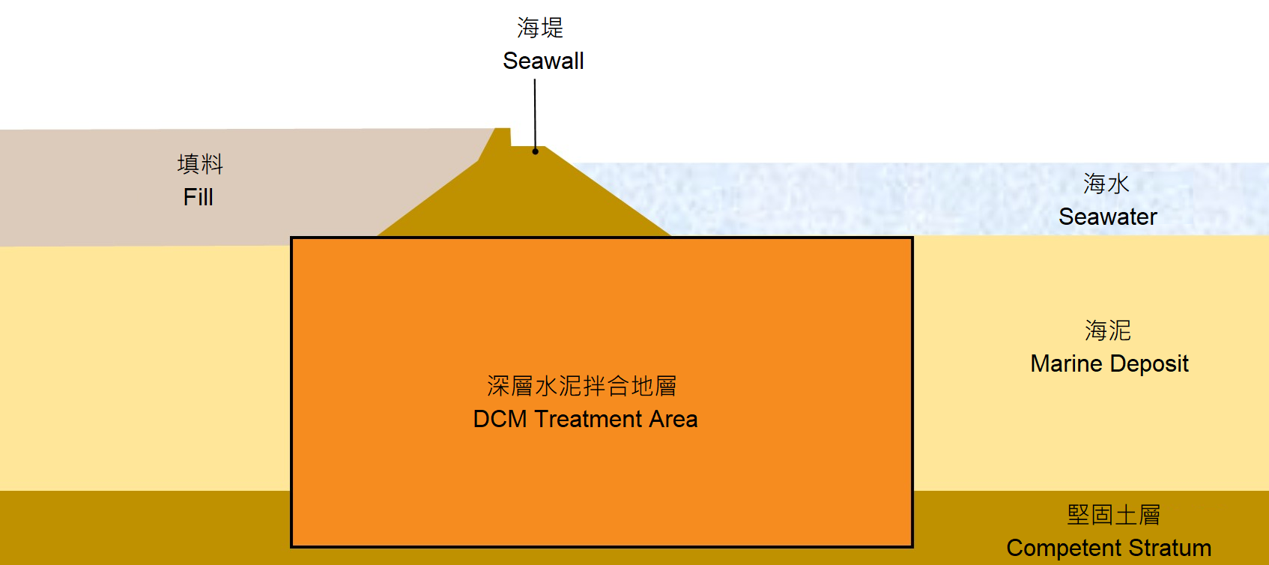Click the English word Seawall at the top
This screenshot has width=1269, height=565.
tap(543, 61)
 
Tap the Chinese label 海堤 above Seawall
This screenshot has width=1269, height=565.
tap(540, 28)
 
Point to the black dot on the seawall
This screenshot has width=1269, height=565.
tap(536, 151)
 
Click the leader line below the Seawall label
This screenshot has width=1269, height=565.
tap(535, 112)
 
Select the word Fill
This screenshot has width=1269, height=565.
tap(199, 197)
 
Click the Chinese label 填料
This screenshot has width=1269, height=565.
tap(200, 164)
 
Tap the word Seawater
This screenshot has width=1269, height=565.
tap(1108, 217)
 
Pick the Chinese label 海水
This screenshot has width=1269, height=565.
tap(1106, 184)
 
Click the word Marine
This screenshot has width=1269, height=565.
tap(1066, 363)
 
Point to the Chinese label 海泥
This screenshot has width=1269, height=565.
tap(1108, 330)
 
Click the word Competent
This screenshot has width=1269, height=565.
tap(1053, 548)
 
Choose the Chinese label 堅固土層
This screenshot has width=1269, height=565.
tap(1114, 515)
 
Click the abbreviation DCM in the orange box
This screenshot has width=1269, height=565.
tap(500, 419)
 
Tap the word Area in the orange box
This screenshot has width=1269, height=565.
tap(673, 419)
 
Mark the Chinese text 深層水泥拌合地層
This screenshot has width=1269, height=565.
tap(582, 386)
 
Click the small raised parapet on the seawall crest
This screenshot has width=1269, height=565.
tap(503, 137)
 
